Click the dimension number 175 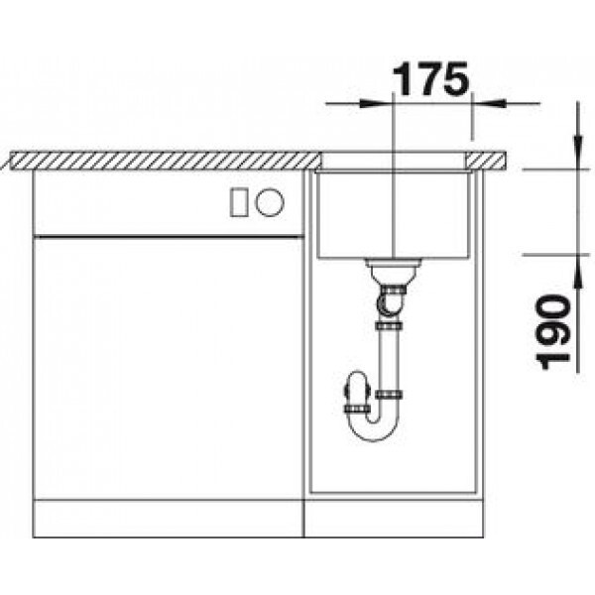coord(430,79)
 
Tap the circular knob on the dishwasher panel coord(270,202)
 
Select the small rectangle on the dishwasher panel coord(239,202)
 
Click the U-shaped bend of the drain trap coord(374,430)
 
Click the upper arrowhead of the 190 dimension coord(577,153)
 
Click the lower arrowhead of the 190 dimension coord(577,272)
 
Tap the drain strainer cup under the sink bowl coord(393,271)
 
